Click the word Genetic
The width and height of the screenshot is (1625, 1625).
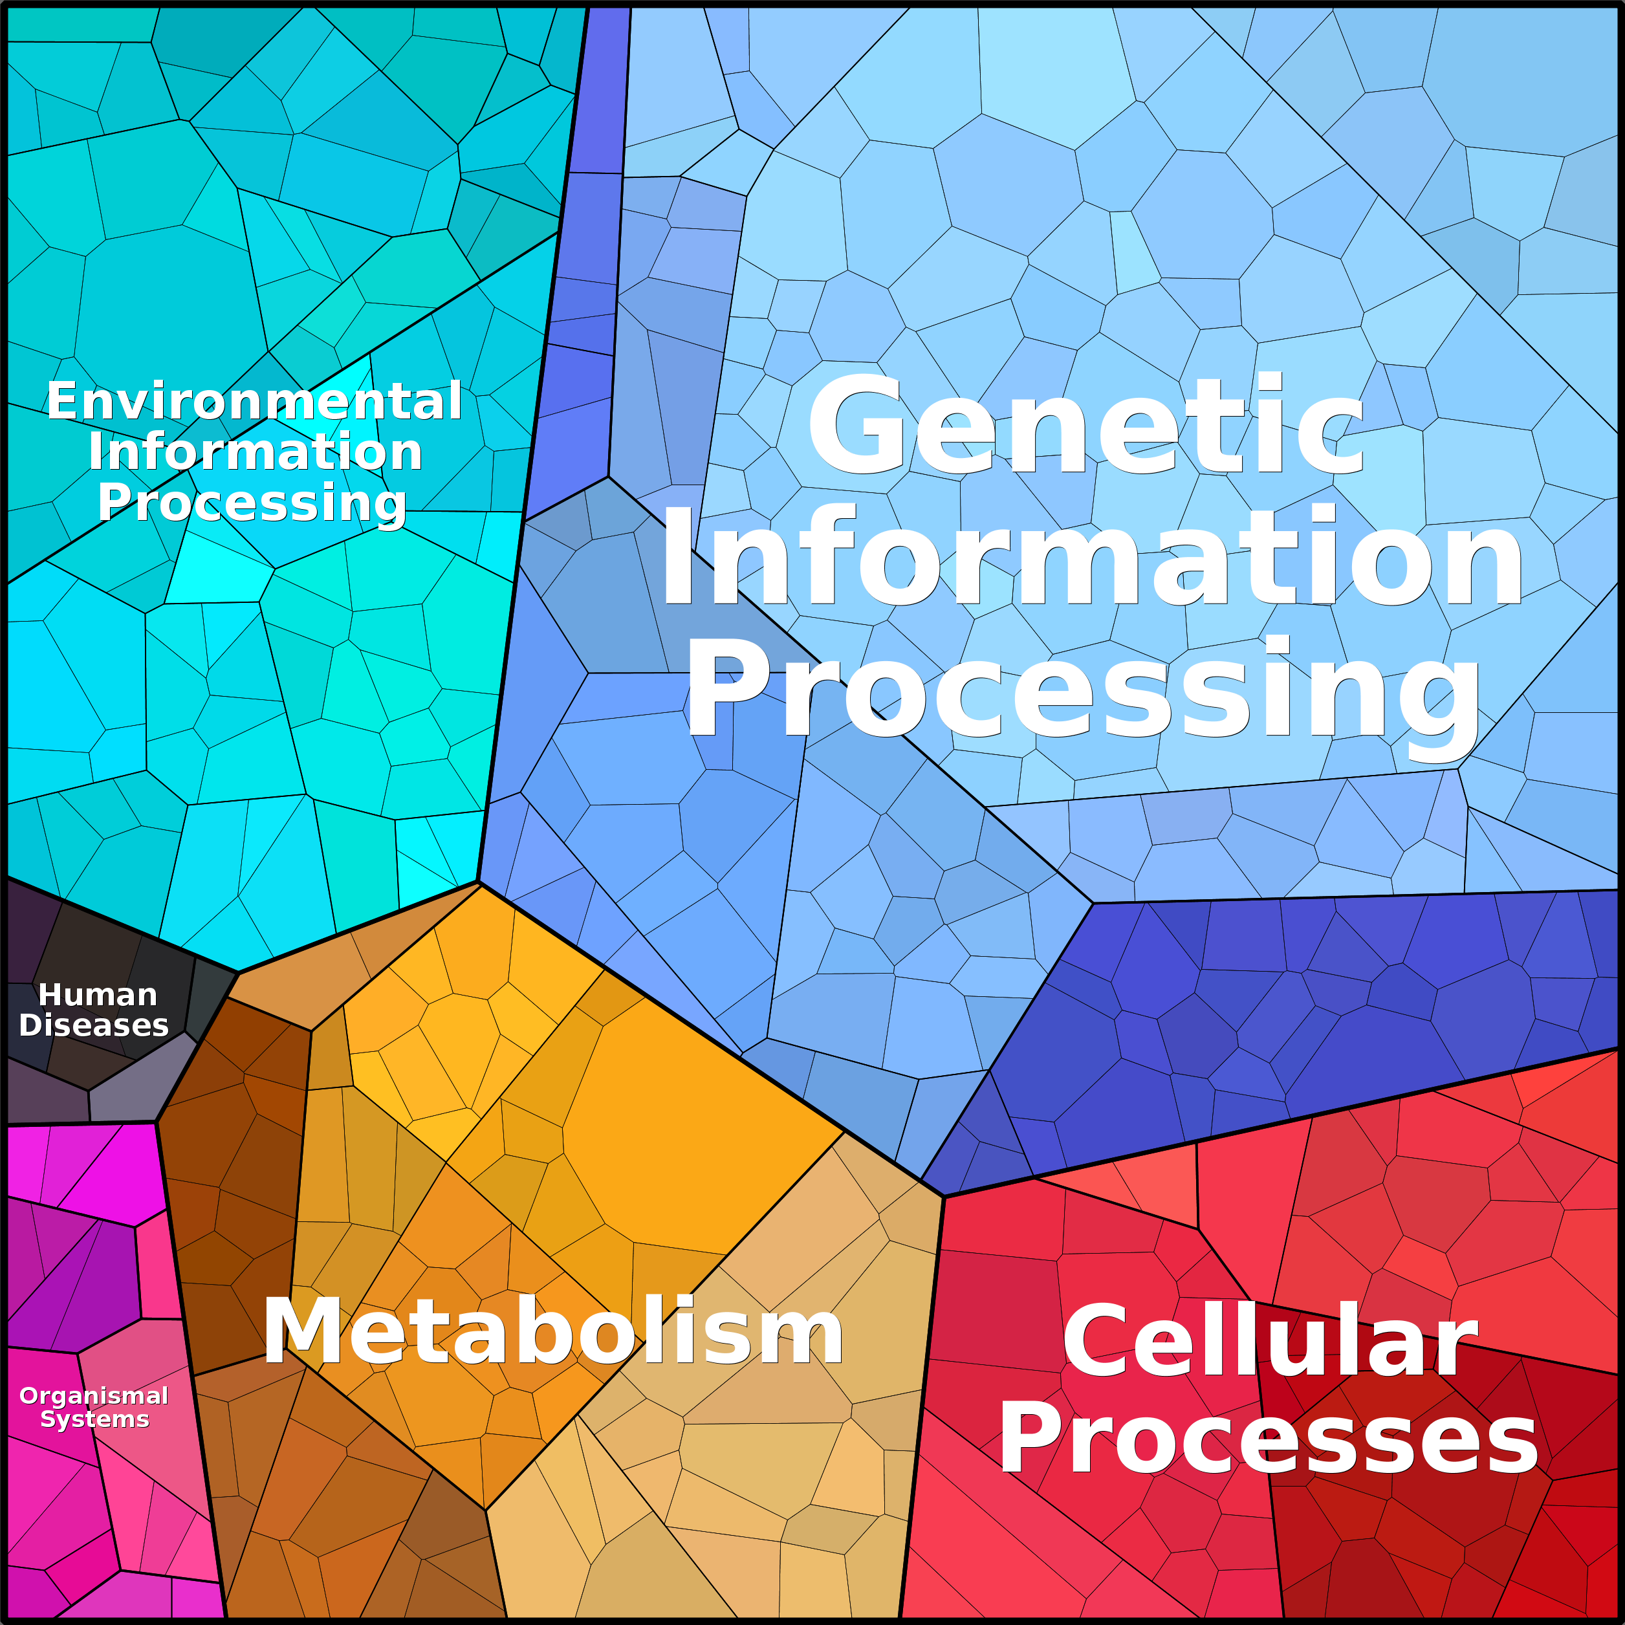pos(1085,425)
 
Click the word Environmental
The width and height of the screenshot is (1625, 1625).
pos(254,400)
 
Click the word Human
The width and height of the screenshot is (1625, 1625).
pos(98,995)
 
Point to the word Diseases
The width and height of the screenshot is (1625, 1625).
pos(94,1025)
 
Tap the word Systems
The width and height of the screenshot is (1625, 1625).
pos(95,1420)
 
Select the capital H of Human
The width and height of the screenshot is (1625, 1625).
pos(50,995)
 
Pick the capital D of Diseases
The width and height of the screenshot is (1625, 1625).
pos(31,1025)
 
